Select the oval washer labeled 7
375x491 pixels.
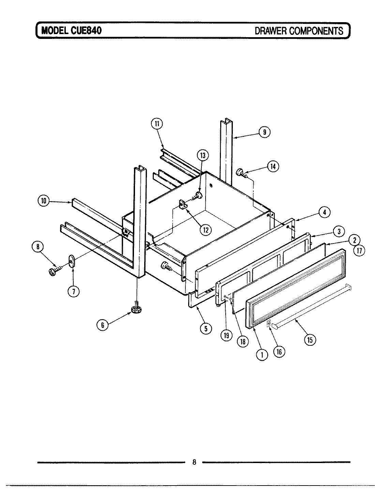[x=71, y=261]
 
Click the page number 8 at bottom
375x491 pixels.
[x=194, y=462]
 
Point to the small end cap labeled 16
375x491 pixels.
[x=269, y=323]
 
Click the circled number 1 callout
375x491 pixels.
[x=261, y=355]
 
